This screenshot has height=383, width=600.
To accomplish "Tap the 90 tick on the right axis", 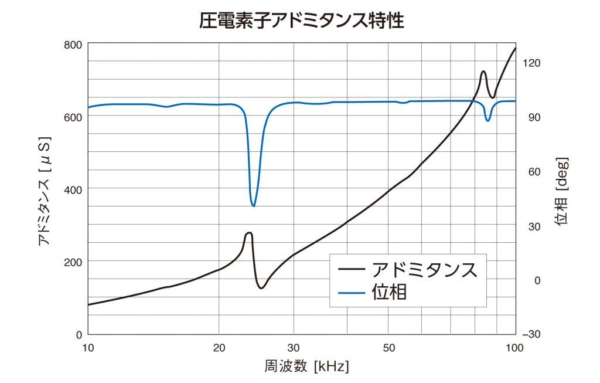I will (530, 117).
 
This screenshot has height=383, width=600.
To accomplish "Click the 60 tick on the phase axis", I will (530, 172).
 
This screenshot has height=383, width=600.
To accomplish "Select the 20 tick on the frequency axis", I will (219, 347).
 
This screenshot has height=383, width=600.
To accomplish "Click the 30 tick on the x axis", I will (294, 347).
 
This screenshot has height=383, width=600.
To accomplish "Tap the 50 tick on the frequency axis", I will (389, 347).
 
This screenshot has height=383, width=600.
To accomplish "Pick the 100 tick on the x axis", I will (515, 347).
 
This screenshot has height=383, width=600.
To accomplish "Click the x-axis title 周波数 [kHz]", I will (306, 367).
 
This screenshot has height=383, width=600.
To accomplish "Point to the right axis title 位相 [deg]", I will (562, 191).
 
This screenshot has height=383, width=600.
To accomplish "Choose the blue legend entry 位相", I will (389, 292).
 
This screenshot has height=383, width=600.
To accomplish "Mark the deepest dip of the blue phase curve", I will (254, 206).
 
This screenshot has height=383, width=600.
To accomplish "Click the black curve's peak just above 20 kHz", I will (249, 233).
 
